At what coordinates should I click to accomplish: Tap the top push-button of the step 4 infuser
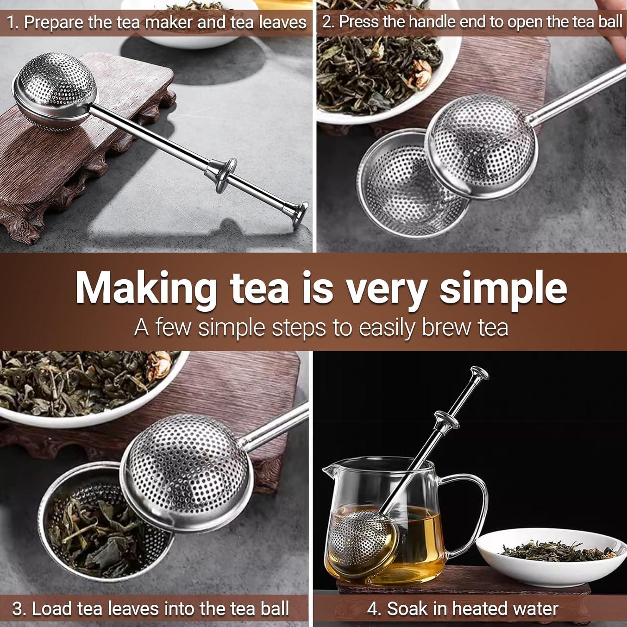pyautogui.click(x=479, y=373)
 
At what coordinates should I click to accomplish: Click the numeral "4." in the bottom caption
pyautogui.click(x=375, y=609)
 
